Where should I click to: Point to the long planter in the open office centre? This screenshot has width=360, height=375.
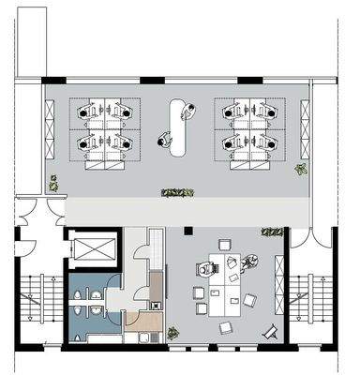pyautogui.click(x=176, y=193)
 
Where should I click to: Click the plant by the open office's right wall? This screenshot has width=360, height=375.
pyautogui.click(x=300, y=170)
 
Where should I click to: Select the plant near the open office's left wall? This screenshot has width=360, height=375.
pyautogui.click(x=53, y=184)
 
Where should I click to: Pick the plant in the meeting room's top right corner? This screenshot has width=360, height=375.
pyautogui.click(x=272, y=232)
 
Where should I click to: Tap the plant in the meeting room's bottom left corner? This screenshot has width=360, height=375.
pyautogui.click(x=172, y=333)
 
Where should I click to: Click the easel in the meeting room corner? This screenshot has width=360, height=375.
pyautogui.click(x=270, y=332)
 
